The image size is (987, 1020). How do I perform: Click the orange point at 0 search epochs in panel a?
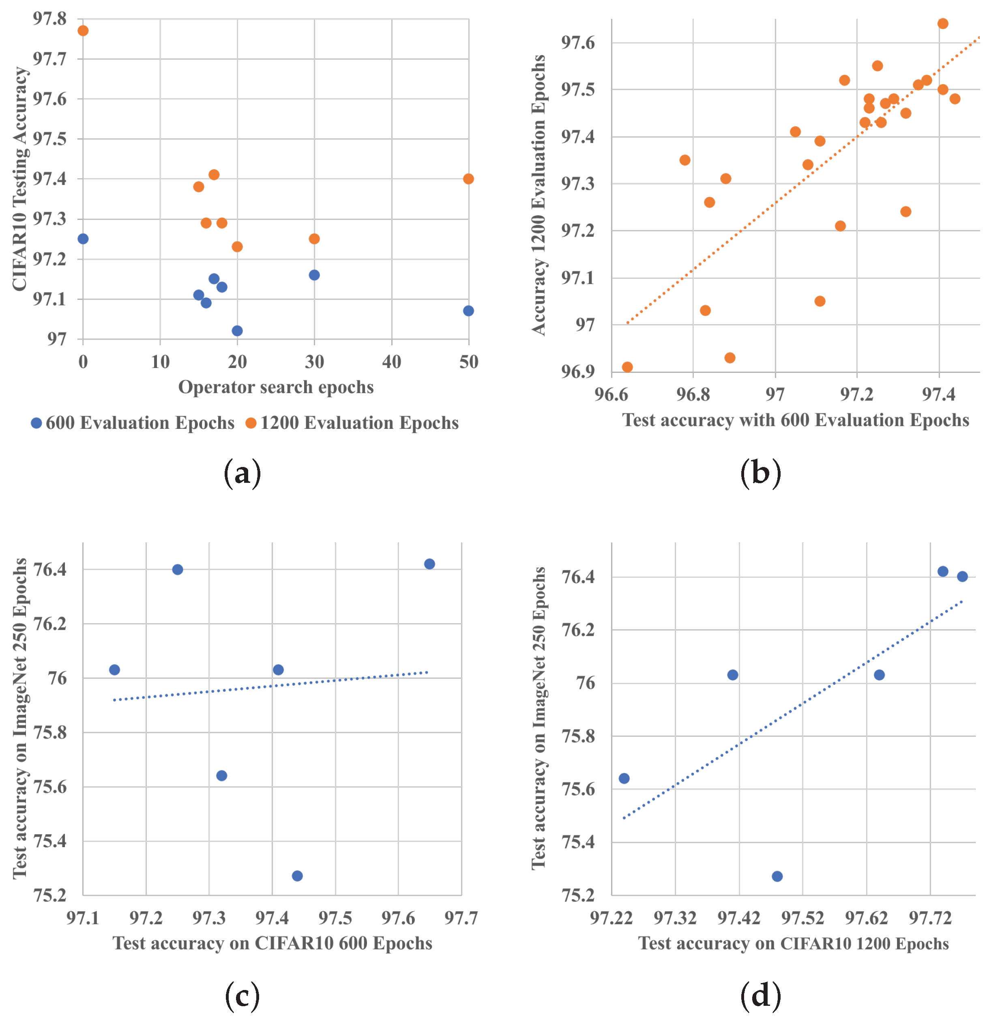83,31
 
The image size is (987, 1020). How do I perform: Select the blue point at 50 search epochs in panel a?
468,311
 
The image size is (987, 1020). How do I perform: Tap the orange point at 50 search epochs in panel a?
468,179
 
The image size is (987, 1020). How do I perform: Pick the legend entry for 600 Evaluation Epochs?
133,423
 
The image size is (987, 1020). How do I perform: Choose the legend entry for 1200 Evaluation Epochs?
352,423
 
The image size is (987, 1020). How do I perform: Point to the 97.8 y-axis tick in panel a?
50,19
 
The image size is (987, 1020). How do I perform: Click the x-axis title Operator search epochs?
276,387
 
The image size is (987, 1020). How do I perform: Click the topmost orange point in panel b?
943,24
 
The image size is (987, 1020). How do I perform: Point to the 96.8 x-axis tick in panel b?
693,394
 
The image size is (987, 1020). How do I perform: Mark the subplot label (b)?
760,473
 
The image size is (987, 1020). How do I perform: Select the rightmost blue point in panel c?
429,564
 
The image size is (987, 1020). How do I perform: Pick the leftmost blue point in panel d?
624,779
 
